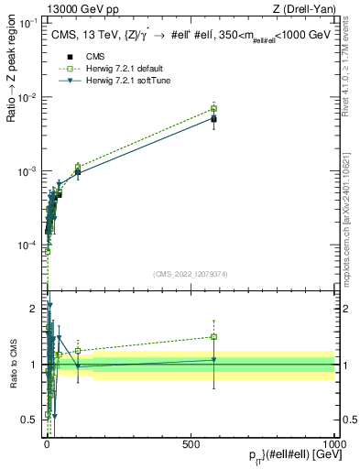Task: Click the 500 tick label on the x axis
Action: coord(191,442)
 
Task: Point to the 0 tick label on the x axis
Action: coord(48,442)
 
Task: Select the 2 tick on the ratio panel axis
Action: coord(37,309)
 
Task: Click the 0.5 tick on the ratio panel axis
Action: coord(33,420)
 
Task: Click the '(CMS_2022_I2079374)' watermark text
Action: coord(190,272)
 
